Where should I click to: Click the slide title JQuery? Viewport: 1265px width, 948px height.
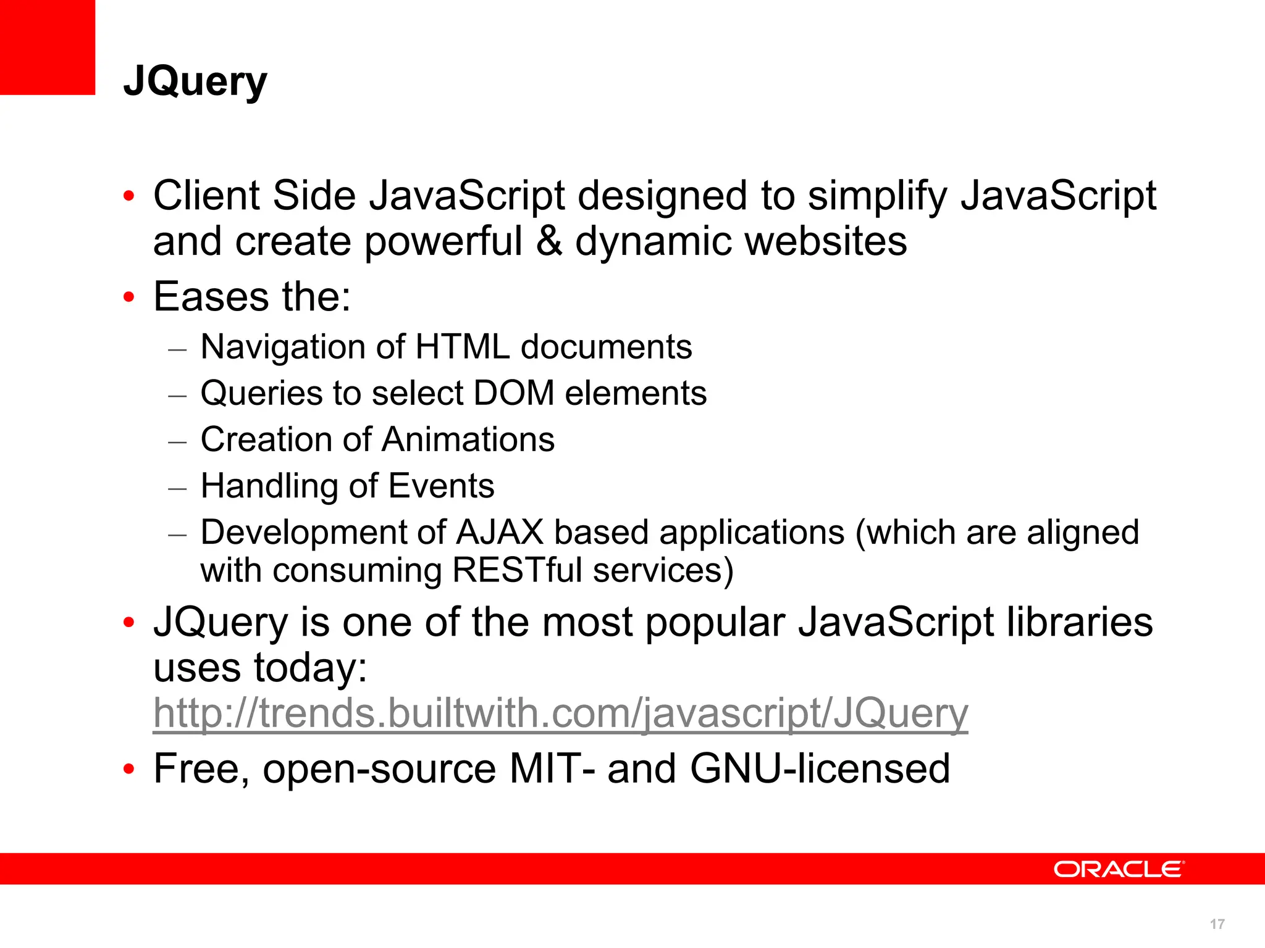click(195, 82)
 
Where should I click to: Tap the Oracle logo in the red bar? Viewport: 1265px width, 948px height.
click(1119, 869)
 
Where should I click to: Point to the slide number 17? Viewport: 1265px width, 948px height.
click(1217, 924)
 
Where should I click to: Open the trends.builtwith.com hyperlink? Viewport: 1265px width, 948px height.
click(560, 713)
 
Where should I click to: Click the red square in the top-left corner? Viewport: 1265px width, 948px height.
click(47, 47)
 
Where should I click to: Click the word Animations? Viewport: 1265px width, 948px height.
click(468, 439)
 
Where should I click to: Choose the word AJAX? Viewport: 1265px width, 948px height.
click(500, 532)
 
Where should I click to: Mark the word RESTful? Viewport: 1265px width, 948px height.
click(517, 570)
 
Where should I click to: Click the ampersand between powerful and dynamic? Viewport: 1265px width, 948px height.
click(549, 241)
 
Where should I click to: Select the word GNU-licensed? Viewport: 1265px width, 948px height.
click(820, 769)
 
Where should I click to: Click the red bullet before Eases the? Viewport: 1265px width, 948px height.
click(128, 297)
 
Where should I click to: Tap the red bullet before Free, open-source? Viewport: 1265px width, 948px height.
click(128, 770)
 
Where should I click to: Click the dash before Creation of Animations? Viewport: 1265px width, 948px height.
click(177, 442)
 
